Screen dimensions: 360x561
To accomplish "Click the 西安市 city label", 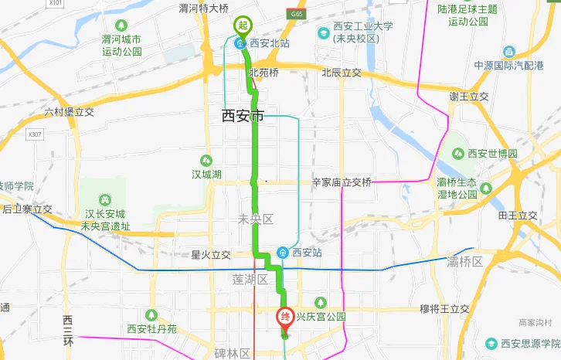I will point(243,117).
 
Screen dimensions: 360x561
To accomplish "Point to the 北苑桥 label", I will point(263,73).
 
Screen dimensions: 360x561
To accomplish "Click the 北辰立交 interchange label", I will point(342,73).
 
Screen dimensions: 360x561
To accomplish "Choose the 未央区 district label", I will point(257,220).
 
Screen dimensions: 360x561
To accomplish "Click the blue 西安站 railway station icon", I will point(284,253).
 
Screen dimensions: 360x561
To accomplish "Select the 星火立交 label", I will point(211,255).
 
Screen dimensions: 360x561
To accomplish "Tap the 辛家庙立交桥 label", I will point(342,183).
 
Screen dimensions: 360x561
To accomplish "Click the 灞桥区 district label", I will point(467,263).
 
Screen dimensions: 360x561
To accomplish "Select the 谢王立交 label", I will point(470,97).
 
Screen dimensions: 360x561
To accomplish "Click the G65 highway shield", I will point(296,14).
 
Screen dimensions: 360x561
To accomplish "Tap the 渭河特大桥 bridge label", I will point(204,8).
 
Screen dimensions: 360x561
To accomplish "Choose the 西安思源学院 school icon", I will point(491,343).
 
